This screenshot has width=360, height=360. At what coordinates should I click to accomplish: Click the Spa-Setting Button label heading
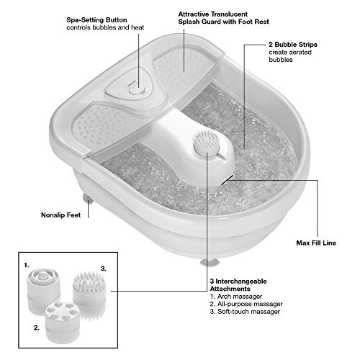[96, 20]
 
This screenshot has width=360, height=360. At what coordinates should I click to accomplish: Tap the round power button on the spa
[137, 91]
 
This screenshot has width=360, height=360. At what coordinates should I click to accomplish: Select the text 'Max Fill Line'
[316, 243]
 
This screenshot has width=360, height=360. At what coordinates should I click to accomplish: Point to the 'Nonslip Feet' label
[60, 215]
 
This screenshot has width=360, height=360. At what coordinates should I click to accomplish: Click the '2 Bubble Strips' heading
[293, 45]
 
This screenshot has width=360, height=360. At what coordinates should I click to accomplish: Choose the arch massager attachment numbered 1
[42, 288]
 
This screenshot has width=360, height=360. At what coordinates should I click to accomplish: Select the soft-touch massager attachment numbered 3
[89, 296]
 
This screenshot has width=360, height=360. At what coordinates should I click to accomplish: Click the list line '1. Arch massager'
[236, 297]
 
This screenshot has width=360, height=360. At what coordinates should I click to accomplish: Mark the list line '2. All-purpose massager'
[246, 304]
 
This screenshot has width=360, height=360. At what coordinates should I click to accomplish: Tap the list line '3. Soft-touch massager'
[245, 312]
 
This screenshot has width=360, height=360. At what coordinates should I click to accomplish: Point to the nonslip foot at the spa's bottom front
[209, 262]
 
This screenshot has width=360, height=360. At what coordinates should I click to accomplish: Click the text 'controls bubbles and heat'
[105, 27]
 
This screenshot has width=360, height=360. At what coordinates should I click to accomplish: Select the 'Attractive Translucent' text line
[213, 14]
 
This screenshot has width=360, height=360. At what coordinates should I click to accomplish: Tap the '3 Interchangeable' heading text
[238, 282]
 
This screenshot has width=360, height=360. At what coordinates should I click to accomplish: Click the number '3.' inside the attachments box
[103, 269]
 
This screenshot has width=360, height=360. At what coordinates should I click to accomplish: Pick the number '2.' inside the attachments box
[37, 328]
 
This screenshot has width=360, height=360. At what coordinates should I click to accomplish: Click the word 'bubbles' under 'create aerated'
[281, 60]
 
